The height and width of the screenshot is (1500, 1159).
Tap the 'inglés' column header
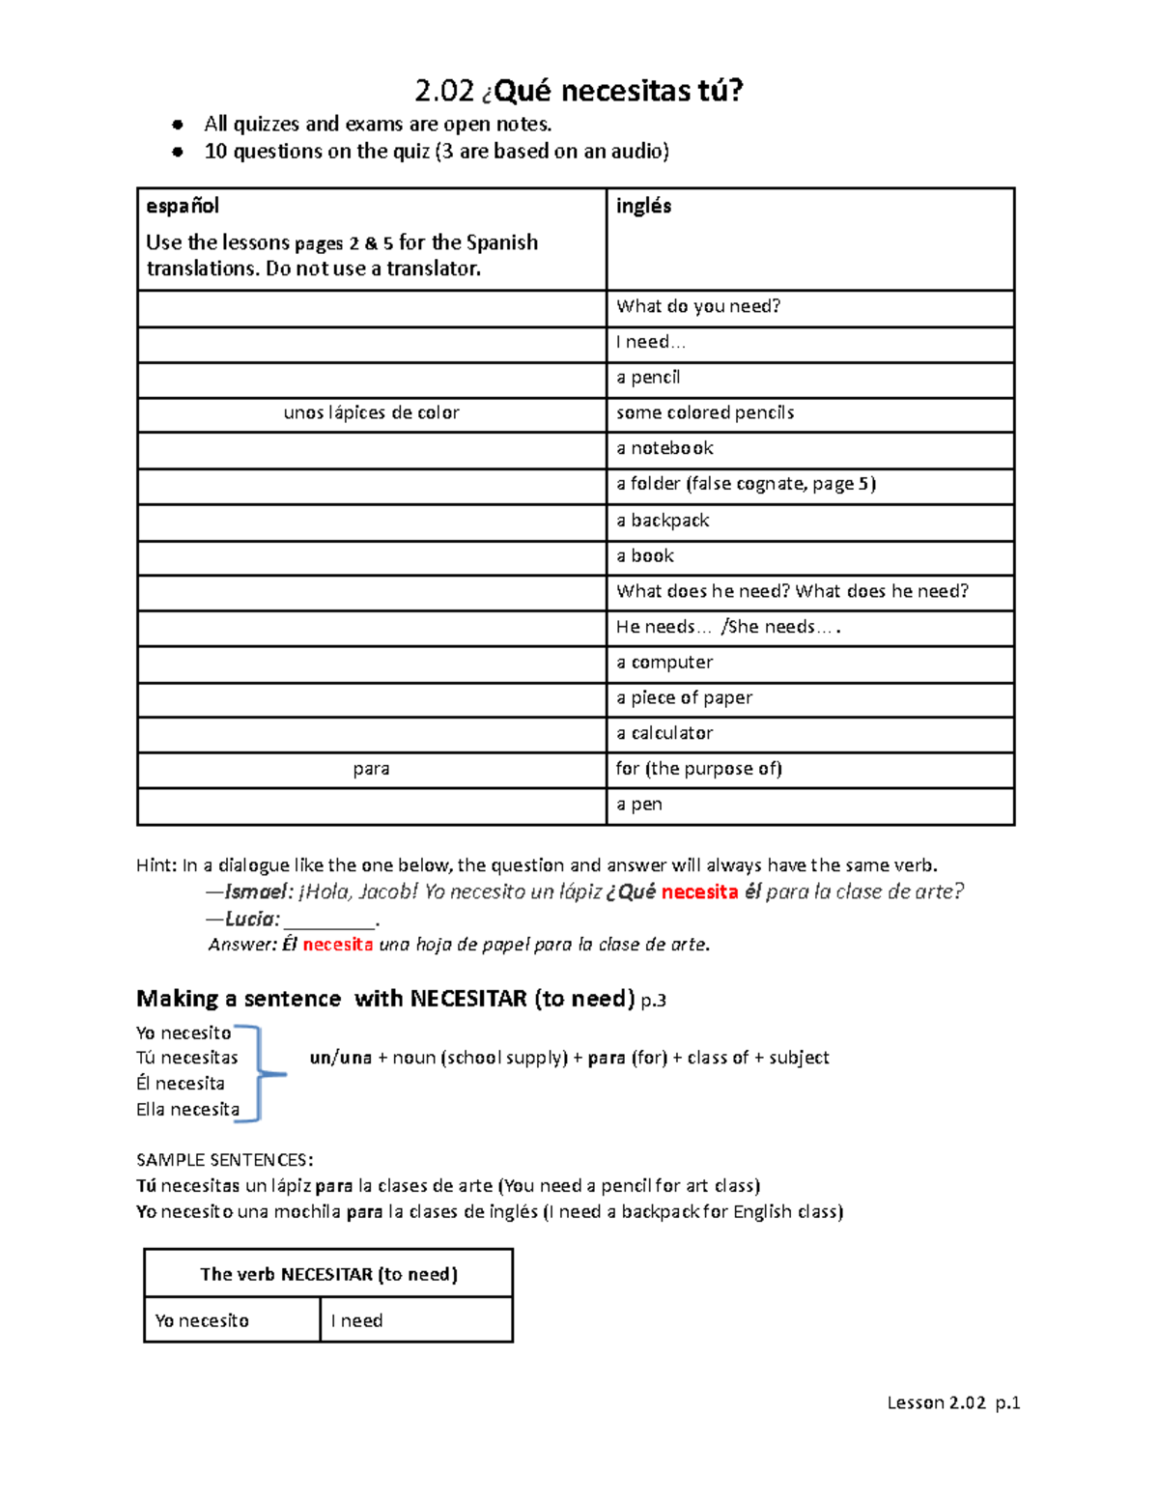pyautogui.click(x=643, y=206)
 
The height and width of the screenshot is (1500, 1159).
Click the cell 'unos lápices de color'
pyautogui.click(x=371, y=413)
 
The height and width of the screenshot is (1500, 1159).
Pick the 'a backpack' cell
pyautogui.click(x=663, y=521)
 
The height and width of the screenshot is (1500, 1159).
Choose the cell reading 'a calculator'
pyautogui.click(x=664, y=733)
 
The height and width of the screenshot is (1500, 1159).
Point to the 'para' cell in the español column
pyautogui.click(x=371, y=769)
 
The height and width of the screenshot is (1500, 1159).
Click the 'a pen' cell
pyautogui.click(x=639, y=805)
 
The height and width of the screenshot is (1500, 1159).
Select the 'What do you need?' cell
pyautogui.click(x=698, y=307)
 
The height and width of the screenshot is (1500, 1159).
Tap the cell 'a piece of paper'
pyautogui.click(x=684, y=697)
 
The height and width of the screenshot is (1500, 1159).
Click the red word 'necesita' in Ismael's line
pyautogui.click(x=699, y=892)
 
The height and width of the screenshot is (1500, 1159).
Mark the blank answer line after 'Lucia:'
pyautogui.click(x=328, y=920)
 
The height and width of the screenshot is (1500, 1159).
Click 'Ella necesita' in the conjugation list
pyautogui.click(x=187, y=1110)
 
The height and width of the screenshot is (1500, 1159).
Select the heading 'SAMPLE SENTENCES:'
pyautogui.click(x=224, y=1160)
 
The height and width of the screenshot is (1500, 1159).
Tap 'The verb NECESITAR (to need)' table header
pyautogui.click(x=328, y=1274)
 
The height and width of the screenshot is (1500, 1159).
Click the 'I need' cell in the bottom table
pyautogui.click(x=356, y=1320)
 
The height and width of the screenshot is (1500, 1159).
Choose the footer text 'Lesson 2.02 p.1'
pyautogui.click(x=953, y=1402)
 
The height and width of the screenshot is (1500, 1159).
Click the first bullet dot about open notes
pyautogui.click(x=178, y=125)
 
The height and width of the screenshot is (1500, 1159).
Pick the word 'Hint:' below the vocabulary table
pyautogui.click(x=156, y=865)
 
